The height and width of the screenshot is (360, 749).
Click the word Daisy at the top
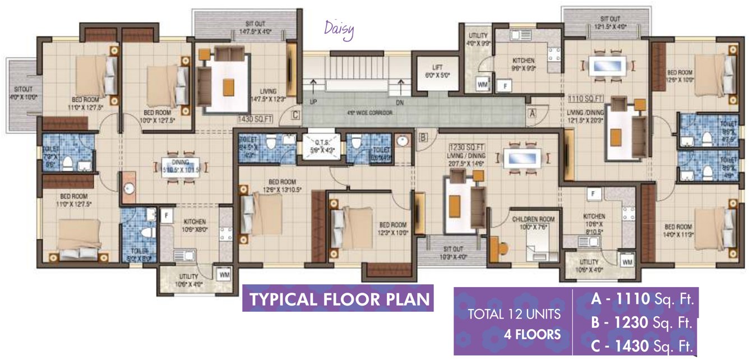pyautogui.click(x=339, y=30)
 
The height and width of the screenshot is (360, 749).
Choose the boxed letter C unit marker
pyautogui.click(x=295, y=115)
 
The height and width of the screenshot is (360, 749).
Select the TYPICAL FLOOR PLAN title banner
pyautogui.click(x=339, y=299)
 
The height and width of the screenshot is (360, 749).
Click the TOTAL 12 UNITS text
pyautogui.click(x=510, y=315)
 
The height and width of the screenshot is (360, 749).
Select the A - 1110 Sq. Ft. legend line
pyautogui.click(x=642, y=300)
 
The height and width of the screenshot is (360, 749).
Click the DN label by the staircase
pyautogui.click(x=399, y=103)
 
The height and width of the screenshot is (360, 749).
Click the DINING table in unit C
pyautogui.click(x=181, y=169)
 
